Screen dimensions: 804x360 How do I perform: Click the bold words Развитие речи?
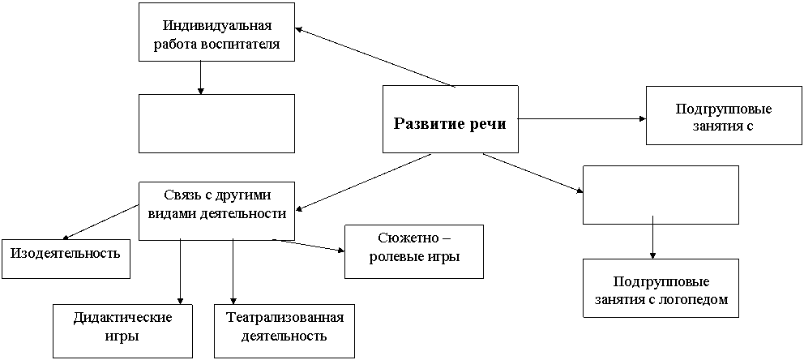click(x=450, y=124)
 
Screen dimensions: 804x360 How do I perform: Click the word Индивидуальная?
click(x=217, y=25)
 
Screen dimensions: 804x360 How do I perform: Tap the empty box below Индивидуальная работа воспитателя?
click(x=217, y=123)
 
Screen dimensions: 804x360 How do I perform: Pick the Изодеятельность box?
click(x=66, y=259)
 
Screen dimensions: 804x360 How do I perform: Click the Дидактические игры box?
click(x=122, y=331)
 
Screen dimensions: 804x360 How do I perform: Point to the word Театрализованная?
click(x=284, y=318)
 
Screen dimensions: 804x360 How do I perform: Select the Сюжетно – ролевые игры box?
click(x=414, y=251)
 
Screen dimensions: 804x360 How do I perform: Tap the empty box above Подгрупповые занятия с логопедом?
click(x=661, y=195)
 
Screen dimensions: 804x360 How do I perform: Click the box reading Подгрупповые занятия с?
click(x=724, y=115)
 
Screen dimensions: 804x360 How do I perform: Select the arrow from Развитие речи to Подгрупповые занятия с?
click(x=581, y=119)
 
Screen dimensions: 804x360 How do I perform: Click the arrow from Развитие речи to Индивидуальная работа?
click(x=374, y=57)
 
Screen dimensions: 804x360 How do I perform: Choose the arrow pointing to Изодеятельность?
click(x=100, y=222)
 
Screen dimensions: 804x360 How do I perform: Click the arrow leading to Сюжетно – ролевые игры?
click(x=309, y=245)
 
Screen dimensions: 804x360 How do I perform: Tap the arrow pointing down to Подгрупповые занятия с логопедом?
click(x=652, y=237)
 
